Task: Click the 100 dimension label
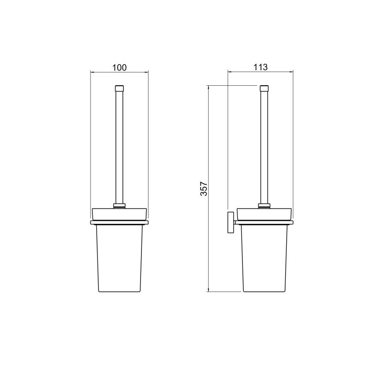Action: coord(120,68)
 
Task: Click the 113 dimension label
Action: coord(261,67)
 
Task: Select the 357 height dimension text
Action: coord(204,189)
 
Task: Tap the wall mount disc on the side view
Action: coord(231,222)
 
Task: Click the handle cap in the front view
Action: coord(120,88)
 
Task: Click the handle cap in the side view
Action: coord(264,88)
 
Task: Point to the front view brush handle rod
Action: coord(120,147)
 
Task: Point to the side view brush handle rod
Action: coord(264,147)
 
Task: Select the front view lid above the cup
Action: coord(120,214)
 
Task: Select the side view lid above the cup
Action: coord(264,214)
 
